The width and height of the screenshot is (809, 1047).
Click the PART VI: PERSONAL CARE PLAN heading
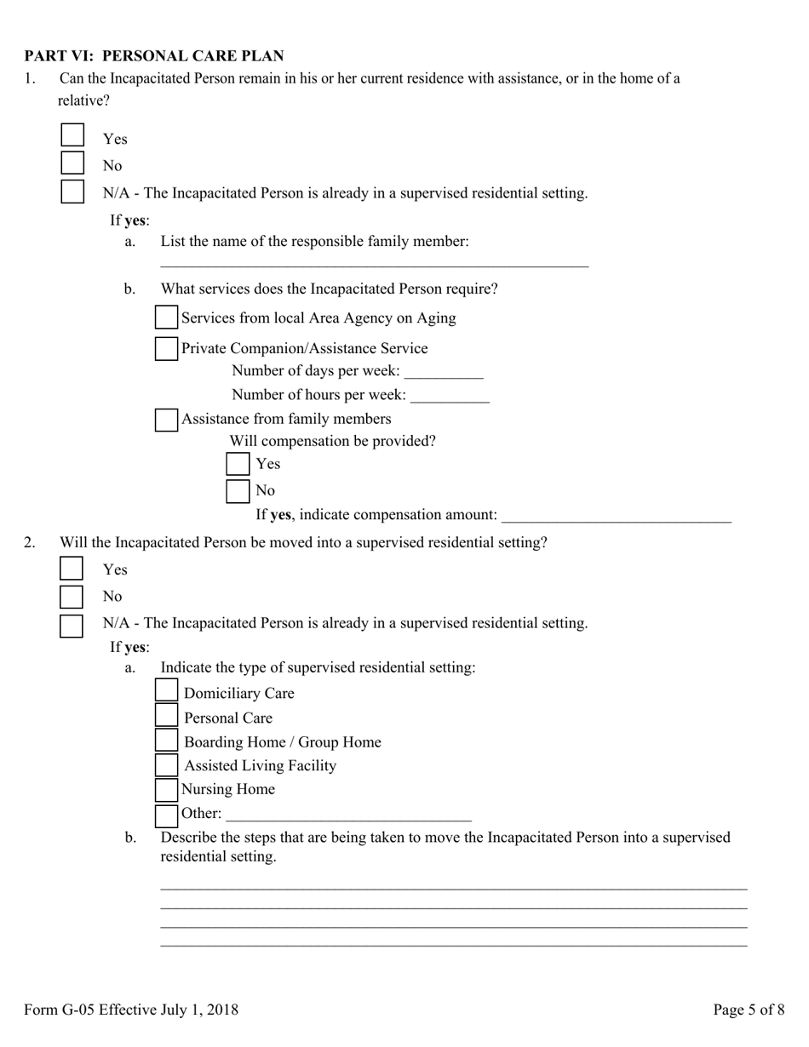tap(154, 56)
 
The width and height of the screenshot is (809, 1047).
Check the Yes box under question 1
tap(72, 135)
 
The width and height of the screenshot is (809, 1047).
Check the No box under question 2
tap(72, 596)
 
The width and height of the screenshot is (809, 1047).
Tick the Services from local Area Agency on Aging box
tap(166, 318)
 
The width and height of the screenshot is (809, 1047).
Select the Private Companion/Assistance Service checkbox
tap(166, 348)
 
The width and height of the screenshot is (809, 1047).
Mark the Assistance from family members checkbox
tap(166, 419)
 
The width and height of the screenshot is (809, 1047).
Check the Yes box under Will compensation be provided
tap(238, 464)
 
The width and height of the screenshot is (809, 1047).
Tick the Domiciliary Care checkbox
tap(167, 690)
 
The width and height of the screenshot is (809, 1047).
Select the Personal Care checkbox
tap(167, 716)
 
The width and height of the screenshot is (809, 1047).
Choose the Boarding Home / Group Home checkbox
tap(167, 741)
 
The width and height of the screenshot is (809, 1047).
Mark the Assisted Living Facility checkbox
tap(167, 765)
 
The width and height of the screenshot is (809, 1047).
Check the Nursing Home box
tap(167, 790)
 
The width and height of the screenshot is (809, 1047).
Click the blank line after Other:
tap(348, 814)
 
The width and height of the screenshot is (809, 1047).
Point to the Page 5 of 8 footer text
tap(749, 1010)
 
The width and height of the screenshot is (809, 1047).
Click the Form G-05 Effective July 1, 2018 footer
tap(131, 1010)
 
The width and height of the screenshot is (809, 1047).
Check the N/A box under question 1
tap(72, 192)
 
